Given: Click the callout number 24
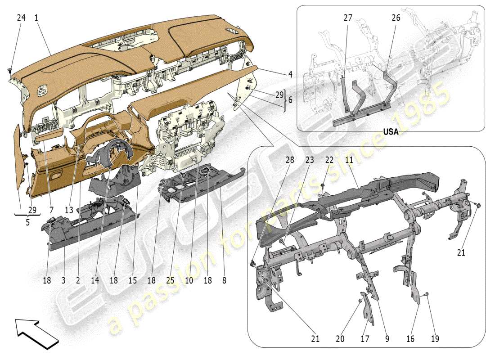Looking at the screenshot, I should pyautogui.click(x=21, y=18).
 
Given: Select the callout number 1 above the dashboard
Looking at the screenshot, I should pyautogui.click(x=36, y=18).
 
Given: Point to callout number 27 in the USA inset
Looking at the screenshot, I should pyautogui.click(x=347, y=18).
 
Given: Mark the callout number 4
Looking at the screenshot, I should pyautogui.click(x=290, y=75).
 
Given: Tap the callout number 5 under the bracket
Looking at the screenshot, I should pyautogui.click(x=27, y=221).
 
